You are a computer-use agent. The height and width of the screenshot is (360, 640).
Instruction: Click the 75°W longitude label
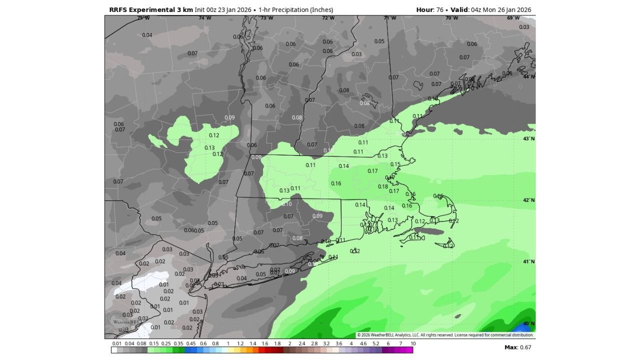coord(143,18)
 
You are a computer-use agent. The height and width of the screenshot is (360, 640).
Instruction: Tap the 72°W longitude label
coord(328,18)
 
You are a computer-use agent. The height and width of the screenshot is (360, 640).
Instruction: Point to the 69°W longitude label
coord(513,18)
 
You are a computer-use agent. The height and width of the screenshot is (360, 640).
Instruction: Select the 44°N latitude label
coord(529,76)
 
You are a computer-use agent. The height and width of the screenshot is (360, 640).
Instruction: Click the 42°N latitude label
coord(529,200)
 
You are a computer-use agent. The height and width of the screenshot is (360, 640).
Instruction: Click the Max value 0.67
coord(524,347)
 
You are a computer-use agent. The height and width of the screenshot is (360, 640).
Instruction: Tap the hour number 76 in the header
coord(440,9)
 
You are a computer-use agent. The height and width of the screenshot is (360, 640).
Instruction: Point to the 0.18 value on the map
coord(383,186)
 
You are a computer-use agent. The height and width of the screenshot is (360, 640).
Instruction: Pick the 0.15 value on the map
coord(395,164)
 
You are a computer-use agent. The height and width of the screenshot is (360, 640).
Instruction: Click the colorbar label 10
coord(413,343)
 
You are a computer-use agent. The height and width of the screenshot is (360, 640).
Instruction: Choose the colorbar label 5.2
coord(375,343)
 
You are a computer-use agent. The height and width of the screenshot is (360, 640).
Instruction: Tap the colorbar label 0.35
coord(178,343)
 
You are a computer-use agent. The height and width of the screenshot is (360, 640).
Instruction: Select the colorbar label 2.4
coord(301,343)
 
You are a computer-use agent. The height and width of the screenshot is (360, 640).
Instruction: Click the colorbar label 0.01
coord(117,343)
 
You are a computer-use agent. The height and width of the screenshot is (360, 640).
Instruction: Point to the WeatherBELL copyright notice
coord(445,335)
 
